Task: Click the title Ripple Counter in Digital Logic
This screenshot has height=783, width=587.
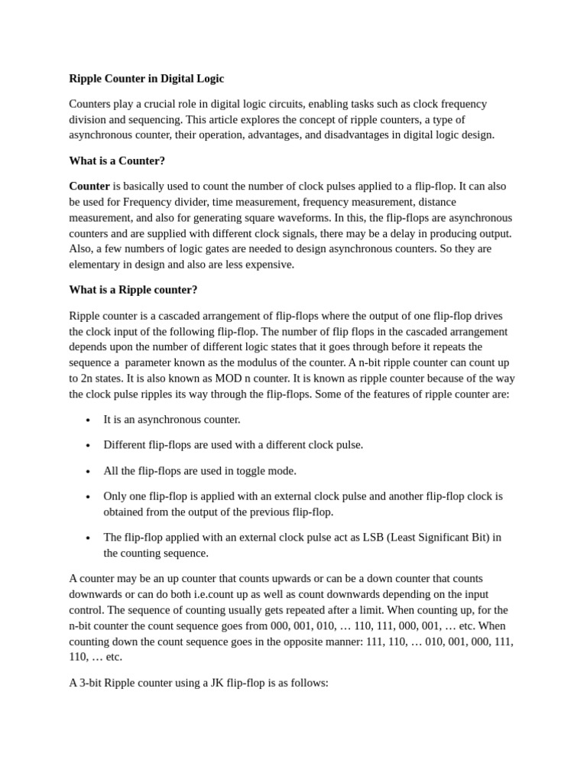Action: click(x=146, y=79)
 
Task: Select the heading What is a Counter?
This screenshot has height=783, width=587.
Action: click(x=117, y=161)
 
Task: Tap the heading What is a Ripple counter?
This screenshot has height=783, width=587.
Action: click(x=133, y=290)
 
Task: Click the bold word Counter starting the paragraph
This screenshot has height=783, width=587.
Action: click(x=89, y=186)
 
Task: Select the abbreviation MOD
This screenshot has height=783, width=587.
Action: click(x=228, y=379)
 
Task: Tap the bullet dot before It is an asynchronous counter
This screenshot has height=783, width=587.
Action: click(x=89, y=420)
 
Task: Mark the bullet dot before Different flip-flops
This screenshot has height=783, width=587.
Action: click(x=89, y=445)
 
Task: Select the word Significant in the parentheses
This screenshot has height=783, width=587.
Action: click(x=446, y=537)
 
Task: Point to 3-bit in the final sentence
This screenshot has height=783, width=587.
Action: click(x=93, y=682)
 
